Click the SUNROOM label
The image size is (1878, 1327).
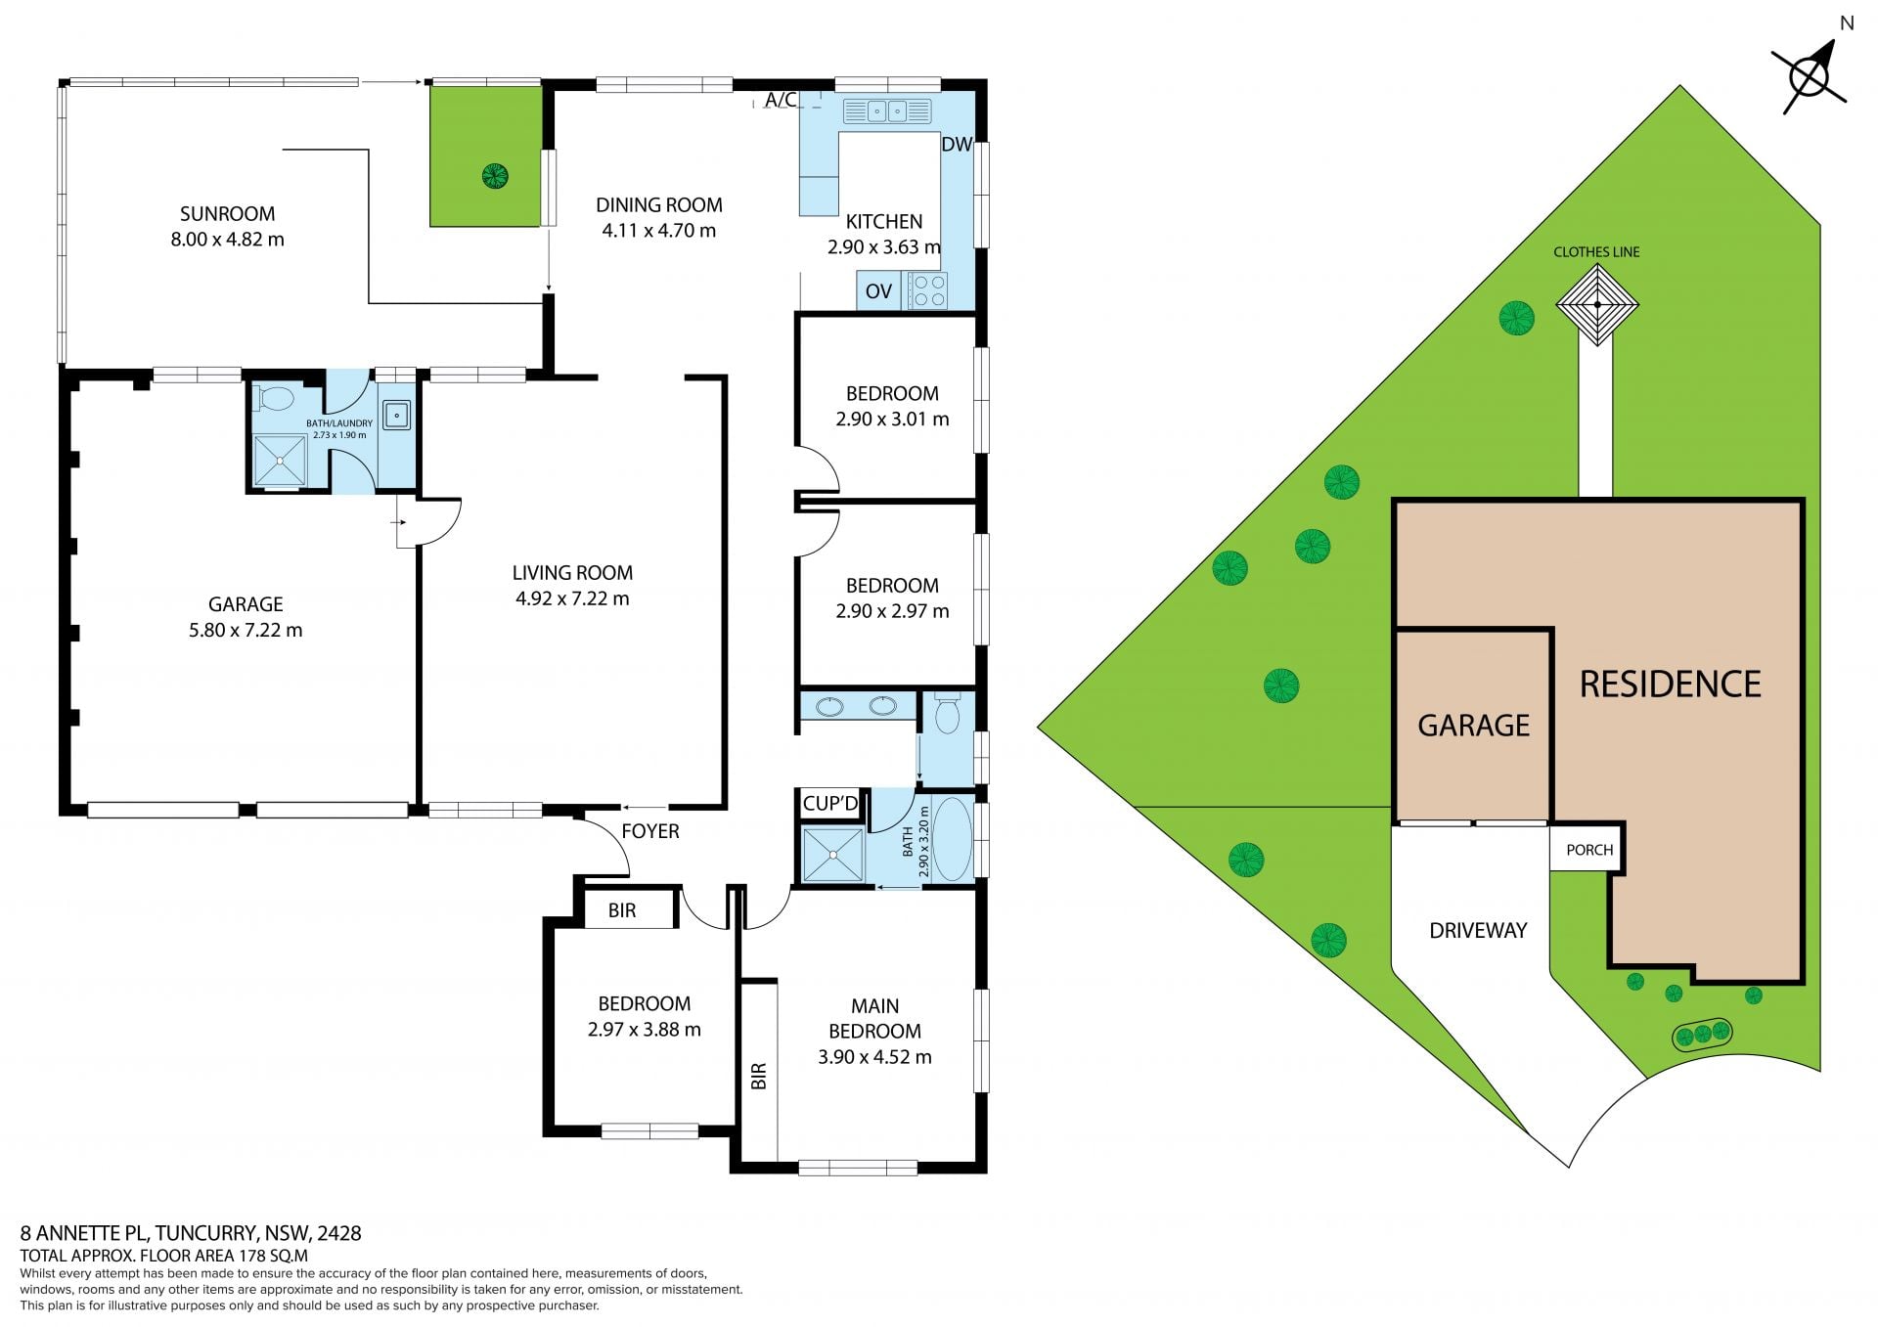coord(227,214)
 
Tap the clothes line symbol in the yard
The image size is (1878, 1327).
coord(1597,305)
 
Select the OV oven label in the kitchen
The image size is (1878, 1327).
coord(878,291)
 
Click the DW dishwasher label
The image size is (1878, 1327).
coord(957,145)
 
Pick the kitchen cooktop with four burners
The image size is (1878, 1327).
coord(928,290)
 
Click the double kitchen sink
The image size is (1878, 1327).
coord(887,111)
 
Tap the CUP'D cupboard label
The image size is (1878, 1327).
coord(830,804)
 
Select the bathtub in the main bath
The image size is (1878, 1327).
coord(952,839)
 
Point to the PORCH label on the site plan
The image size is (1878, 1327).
coord(1589,850)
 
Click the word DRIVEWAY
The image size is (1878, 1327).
coord(1478,931)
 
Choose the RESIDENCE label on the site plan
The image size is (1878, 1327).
coord(1671,685)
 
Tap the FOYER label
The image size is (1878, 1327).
coord(650,831)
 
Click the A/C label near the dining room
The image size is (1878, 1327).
coord(781,100)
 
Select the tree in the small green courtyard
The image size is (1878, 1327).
coord(495,176)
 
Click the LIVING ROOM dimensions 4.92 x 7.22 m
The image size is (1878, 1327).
coord(572,598)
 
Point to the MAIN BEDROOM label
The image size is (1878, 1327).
coord(874,1018)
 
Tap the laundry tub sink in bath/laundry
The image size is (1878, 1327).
coord(396,415)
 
